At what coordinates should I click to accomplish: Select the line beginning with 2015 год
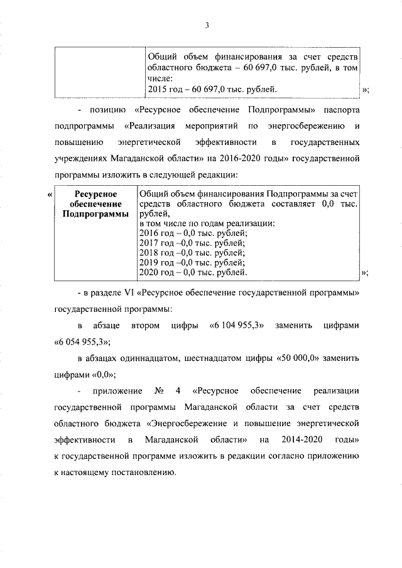coord(207,90)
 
